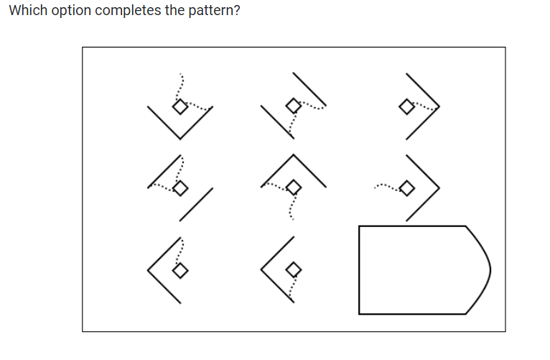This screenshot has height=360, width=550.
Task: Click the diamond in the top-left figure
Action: pyautogui.click(x=179, y=106)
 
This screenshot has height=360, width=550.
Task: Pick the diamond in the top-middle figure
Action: pyautogui.click(x=292, y=106)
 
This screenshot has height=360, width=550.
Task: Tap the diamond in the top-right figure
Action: pyautogui.click(x=406, y=107)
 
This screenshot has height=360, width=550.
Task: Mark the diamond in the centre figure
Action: pyautogui.click(x=292, y=188)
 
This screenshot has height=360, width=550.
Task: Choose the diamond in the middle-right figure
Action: pyautogui.click(x=406, y=188)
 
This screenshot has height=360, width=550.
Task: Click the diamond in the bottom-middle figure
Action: pyautogui.click(x=292, y=270)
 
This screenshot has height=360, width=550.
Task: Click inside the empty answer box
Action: pyautogui.click(x=416, y=270)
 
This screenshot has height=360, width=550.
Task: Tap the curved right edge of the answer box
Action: pyautogui.click(x=488, y=270)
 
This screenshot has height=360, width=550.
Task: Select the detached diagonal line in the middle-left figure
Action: pyautogui.click(x=196, y=203)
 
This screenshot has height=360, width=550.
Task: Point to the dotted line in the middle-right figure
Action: pyautogui.click(x=386, y=188)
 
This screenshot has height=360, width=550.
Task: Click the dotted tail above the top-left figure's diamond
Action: pyautogui.click(x=181, y=85)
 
